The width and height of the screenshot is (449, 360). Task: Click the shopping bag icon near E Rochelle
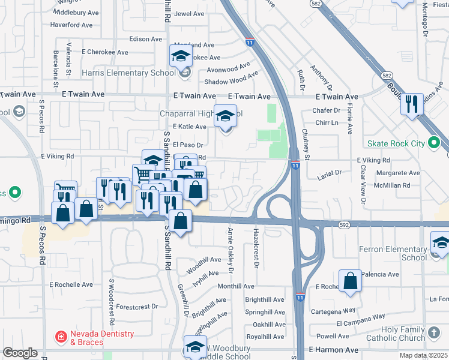[x=350, y=280]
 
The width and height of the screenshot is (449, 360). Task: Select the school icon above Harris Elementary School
[x=181, y=56]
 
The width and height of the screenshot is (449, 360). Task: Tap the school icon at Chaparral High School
[x=226, y=115]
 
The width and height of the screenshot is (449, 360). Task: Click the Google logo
[x=20, y=353]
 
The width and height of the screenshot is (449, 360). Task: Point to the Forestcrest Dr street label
[x=137, y=306]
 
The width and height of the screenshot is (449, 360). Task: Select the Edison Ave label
[x=146, y=38]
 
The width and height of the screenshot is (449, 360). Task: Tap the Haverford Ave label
[x=71, y=25]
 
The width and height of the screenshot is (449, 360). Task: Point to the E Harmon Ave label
[x=333, y=350]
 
